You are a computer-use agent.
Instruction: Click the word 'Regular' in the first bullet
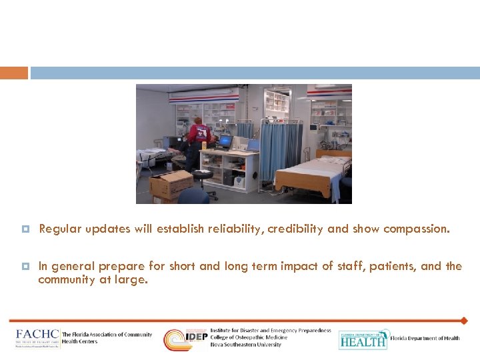pos(59,229)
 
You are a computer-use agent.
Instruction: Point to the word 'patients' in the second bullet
pos(389,266)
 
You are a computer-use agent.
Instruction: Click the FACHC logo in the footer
pos(37,337)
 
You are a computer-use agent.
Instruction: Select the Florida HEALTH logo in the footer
pos(363,339)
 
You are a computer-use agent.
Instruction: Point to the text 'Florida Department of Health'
pos(425,339)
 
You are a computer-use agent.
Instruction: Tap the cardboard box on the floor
pos(171,185)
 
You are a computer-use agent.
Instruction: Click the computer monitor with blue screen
pos(225,141)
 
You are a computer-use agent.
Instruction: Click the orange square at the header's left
pos(14,73)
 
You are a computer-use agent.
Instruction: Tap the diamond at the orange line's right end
pos(464,321)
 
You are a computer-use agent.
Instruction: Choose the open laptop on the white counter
pos(253,145)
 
